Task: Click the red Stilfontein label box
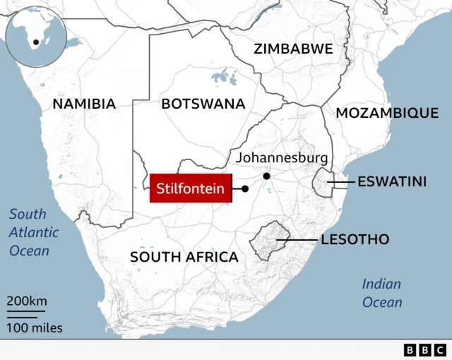190,188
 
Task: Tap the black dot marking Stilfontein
245,188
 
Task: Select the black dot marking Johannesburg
266,176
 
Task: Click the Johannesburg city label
282,157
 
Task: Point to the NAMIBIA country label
84,104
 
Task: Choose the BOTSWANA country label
203,104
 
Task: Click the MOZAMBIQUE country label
387,113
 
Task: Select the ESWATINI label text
392,182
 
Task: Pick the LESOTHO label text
355,240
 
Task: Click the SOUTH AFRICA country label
184,257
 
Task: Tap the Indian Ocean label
382,293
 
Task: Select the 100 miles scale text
35,328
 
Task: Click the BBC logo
424,349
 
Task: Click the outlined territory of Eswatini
323,184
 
